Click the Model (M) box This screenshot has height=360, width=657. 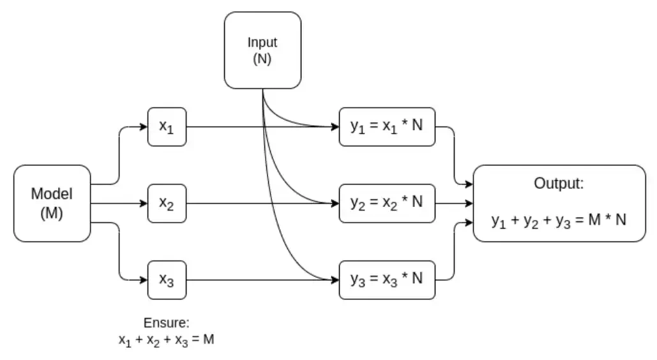click(52, 204)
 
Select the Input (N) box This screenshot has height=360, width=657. click(262, 50)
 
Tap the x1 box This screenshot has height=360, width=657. click(167, 126)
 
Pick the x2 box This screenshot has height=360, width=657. click(167, 203)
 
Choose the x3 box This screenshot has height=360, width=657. click(167, 280)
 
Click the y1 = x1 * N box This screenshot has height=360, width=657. click(387, 126)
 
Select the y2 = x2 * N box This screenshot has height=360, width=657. click(387, 203)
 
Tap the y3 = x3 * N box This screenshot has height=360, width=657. click(387, 280)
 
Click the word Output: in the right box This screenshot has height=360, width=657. click(559, 184)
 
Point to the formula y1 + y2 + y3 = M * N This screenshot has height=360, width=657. click(559, 221)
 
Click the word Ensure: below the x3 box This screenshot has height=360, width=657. click(166, 323)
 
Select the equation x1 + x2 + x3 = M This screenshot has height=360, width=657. click(166, 340)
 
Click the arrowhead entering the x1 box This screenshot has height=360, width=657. click(144, 126)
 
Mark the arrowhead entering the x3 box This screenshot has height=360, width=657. click(144, 280)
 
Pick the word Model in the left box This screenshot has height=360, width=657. click(52, 194)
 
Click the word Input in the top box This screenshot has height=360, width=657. click(262, 43)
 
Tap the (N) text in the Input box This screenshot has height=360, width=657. click(262, 58)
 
